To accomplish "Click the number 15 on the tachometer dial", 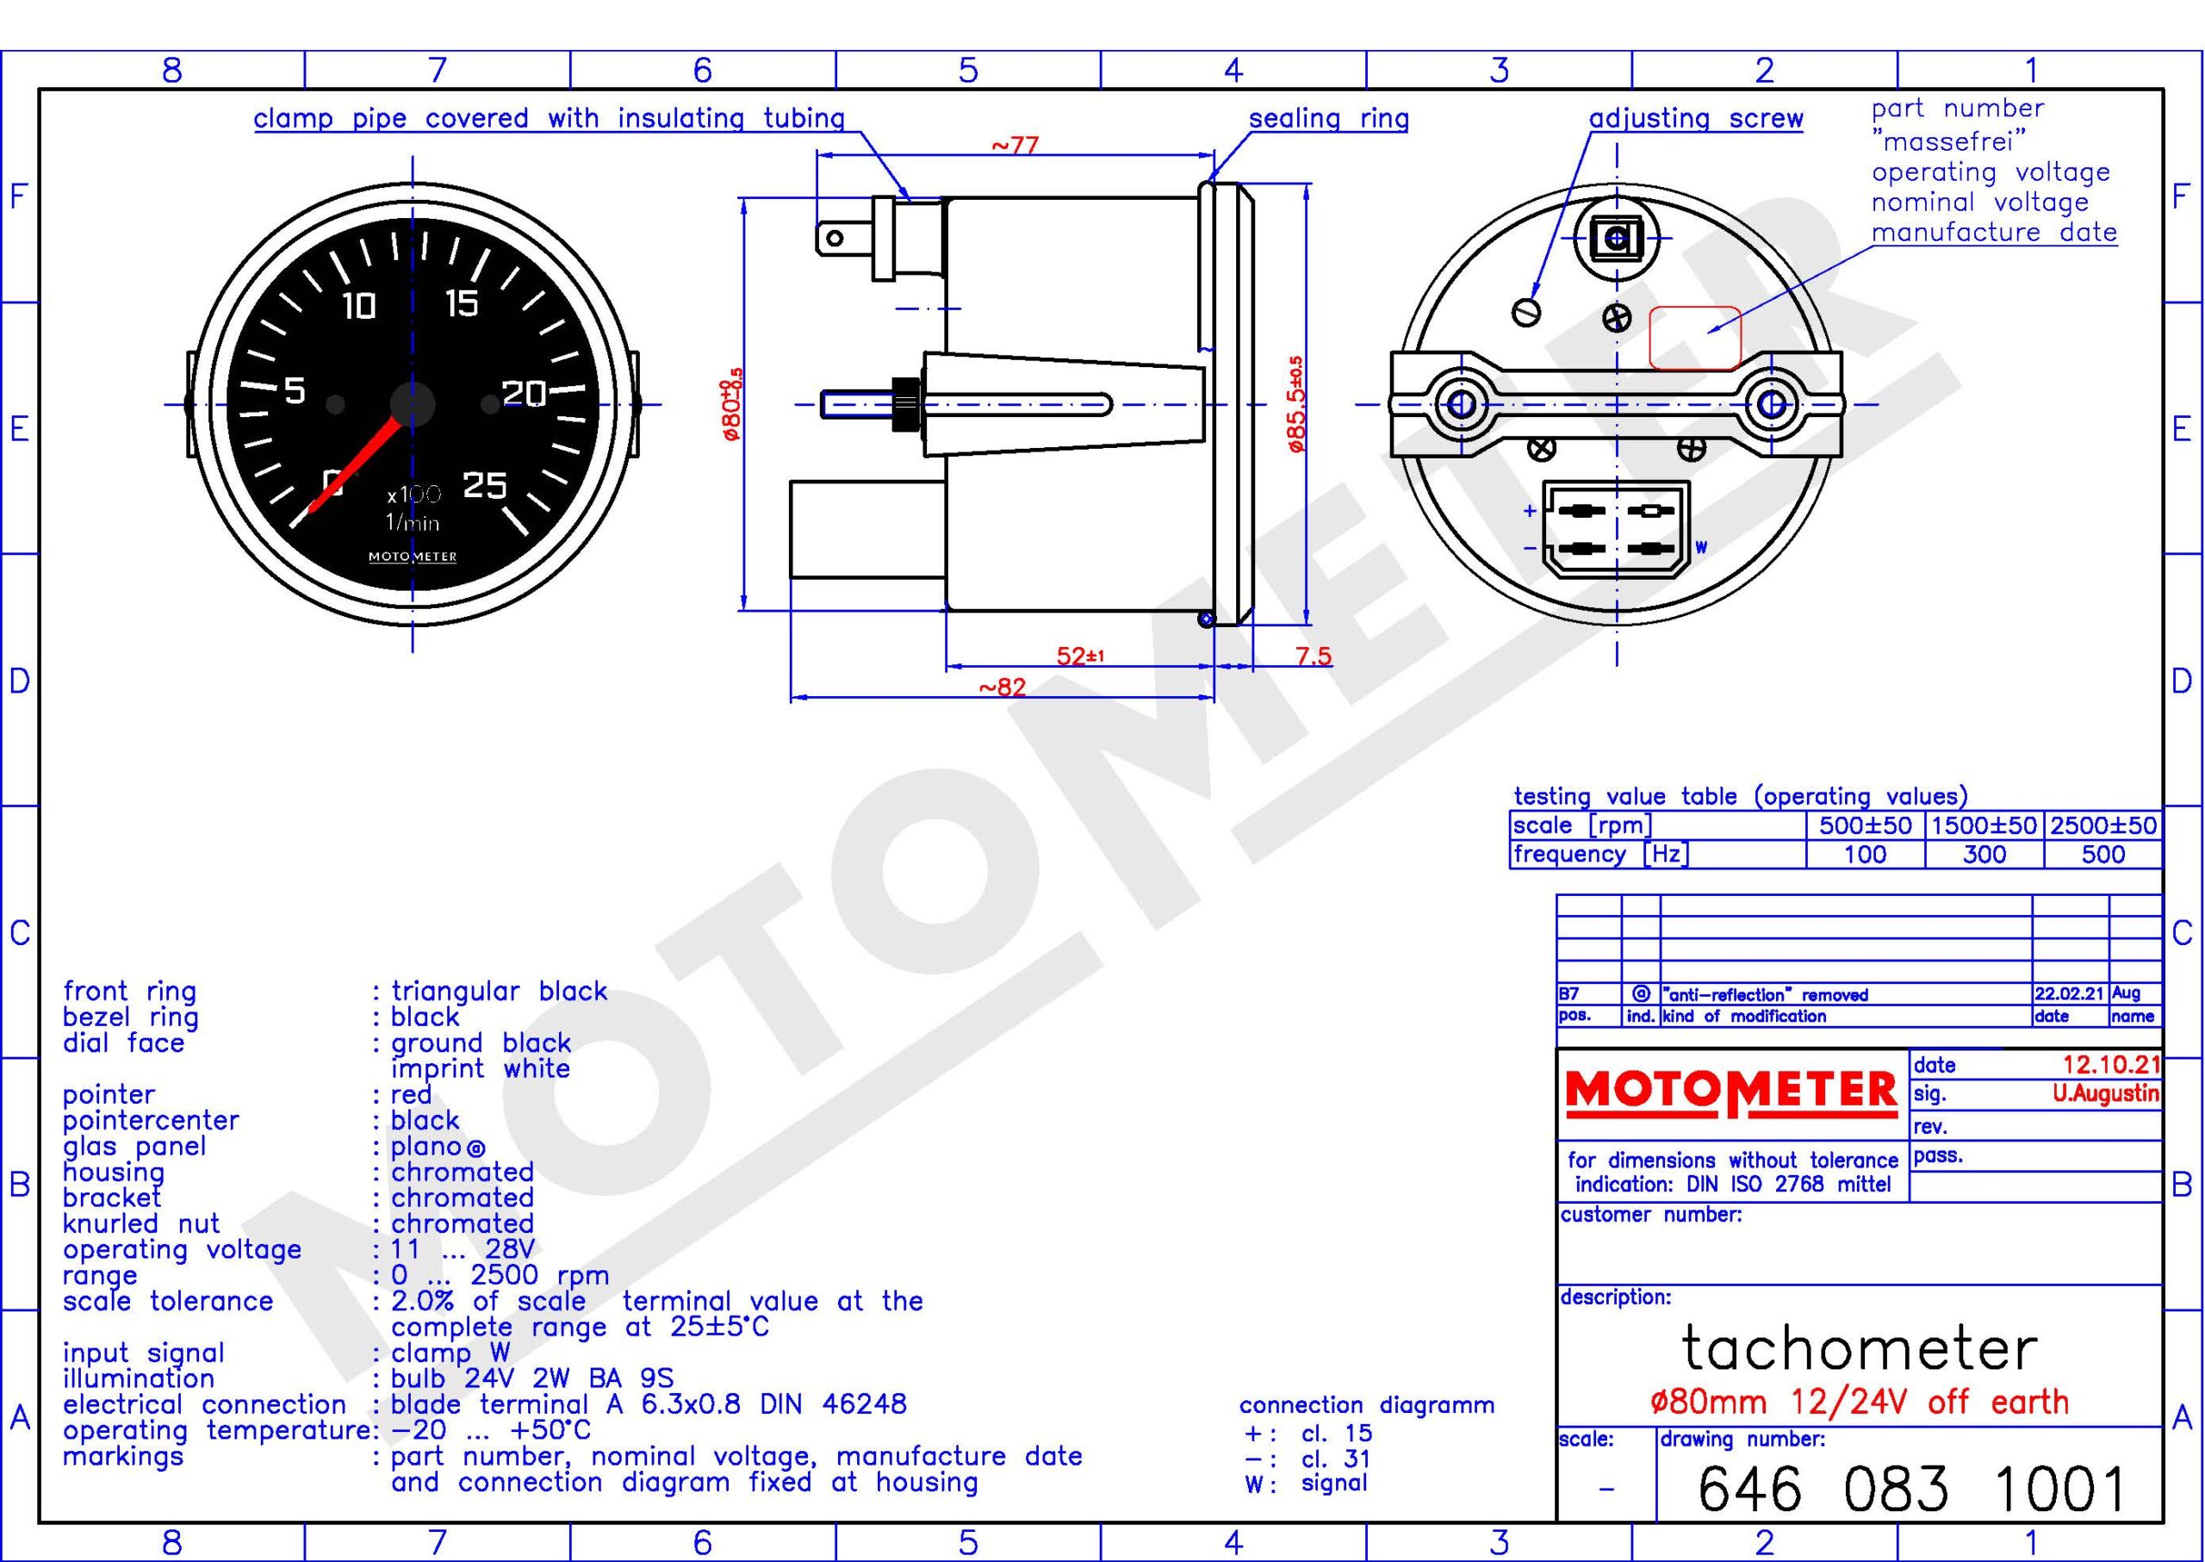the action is click(463, 304).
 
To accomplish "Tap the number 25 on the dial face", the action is click(485, 486).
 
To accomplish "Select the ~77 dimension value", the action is click(1016, 146).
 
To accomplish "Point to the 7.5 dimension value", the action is click(1313, 656).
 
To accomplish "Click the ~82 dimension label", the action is click(1002, 687).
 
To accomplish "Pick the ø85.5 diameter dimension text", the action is click(1296, 404).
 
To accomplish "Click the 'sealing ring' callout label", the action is click(1329, 118).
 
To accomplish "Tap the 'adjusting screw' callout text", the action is click(1695, 118).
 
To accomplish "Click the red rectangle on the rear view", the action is click(1695, 338).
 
